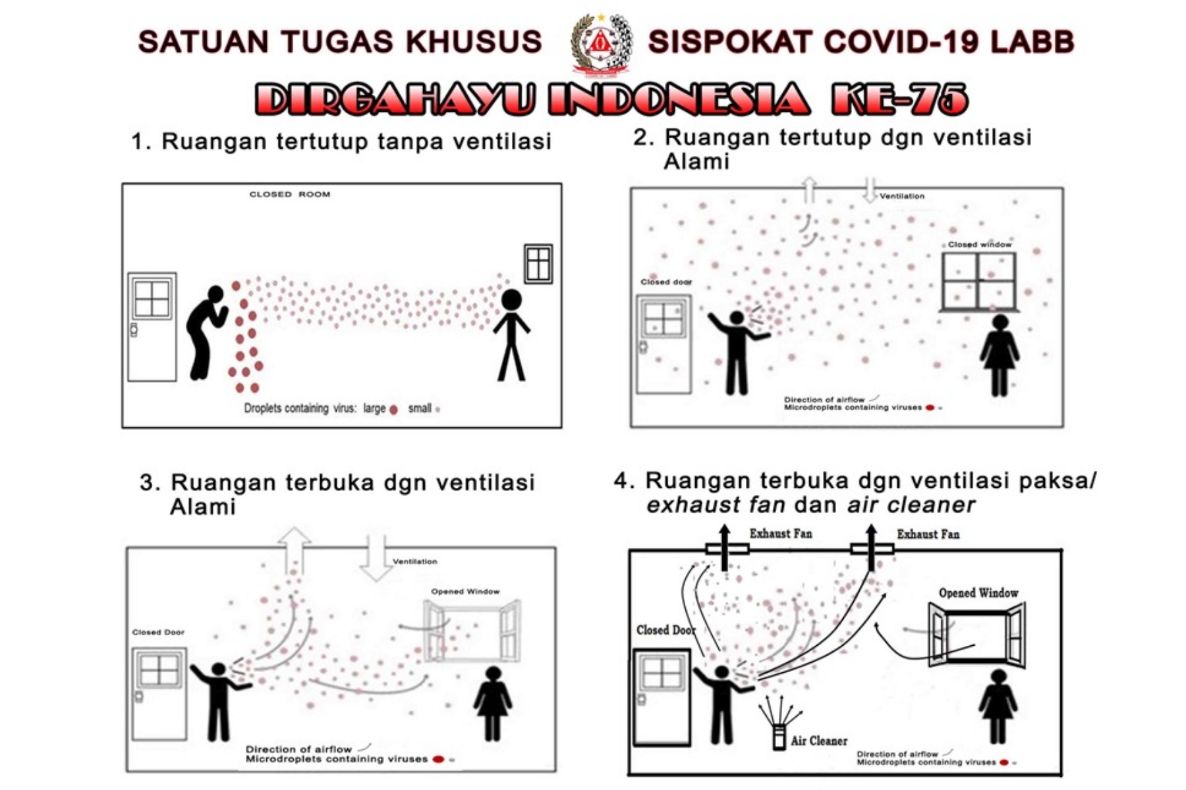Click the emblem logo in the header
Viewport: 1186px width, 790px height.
(601, 43)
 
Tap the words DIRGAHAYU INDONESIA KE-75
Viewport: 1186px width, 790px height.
(611, 99)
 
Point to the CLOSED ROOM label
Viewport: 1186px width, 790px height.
(289, 194)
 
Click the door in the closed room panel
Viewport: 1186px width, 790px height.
(152, 327)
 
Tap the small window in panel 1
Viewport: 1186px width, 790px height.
(538, 263)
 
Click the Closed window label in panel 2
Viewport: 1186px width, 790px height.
(979, 244)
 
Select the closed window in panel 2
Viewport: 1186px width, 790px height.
(978, 282)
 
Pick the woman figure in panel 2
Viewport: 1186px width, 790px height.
(1000, 355)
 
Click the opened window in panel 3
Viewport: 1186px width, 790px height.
(472, 631)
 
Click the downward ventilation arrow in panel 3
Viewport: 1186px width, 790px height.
(376, 557)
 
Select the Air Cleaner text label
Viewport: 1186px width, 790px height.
(819, 741)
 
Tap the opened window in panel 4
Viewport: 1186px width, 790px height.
(977, 636)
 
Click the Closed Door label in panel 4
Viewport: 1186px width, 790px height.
(665, 630)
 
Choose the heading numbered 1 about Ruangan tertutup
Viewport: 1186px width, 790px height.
(341, 142)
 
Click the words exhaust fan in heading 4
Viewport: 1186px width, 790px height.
(716, 505)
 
